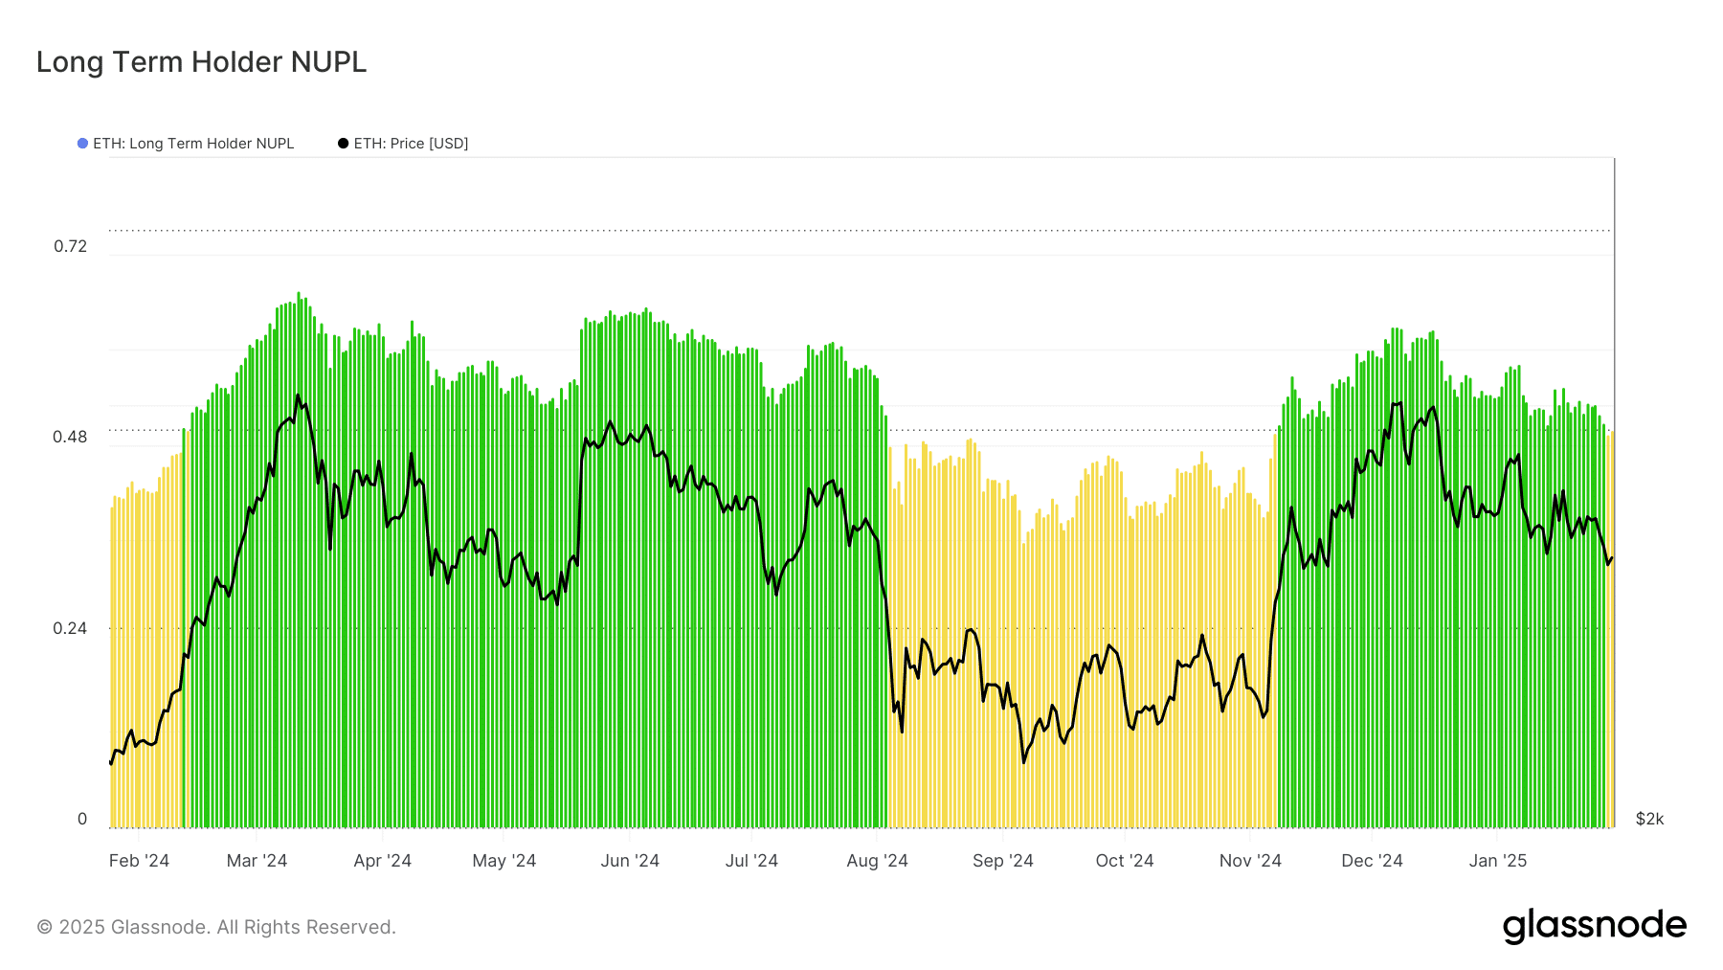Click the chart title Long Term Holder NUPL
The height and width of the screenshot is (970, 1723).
201,62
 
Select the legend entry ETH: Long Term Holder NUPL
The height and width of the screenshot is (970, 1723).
192,144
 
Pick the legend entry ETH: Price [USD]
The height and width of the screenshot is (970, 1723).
411,144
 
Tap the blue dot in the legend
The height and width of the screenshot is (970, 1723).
82,144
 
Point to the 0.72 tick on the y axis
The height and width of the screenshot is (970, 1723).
70,246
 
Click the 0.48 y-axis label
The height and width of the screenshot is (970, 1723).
70,437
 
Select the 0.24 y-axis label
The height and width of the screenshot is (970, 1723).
70,628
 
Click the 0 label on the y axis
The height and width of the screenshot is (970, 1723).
82,819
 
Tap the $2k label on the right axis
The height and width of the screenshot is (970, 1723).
1649,819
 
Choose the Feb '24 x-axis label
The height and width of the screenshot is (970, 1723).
139,861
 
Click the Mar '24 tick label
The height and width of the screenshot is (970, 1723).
257,861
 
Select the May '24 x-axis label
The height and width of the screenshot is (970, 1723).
503,861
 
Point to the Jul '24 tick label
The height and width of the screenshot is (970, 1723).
751,861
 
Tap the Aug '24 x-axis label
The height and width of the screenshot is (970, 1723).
877,861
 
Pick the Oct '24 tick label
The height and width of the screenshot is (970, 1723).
1124,861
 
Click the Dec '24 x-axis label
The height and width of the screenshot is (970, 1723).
1372,861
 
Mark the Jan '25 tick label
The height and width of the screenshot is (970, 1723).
1497,861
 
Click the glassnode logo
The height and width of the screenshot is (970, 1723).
1594,926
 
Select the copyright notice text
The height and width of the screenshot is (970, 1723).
216,927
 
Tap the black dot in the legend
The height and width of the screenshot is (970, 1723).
343,144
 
